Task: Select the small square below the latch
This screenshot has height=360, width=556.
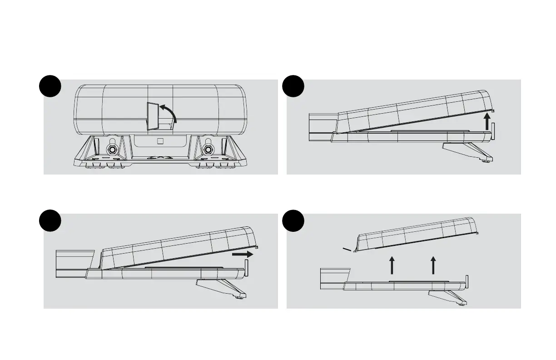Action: [159, 141]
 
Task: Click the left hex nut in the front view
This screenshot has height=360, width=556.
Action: [111, 150]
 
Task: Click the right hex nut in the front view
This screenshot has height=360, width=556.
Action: [208, 150]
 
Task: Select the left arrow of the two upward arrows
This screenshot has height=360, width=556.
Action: [392, 265]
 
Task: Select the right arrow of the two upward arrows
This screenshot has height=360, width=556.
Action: [433, 265]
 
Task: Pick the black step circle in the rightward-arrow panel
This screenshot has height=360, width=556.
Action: [50, 220]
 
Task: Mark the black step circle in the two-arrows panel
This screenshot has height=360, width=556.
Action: [293, 220]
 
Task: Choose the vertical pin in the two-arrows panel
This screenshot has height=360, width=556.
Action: [467, 281]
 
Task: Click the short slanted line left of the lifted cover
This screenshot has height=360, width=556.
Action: [347, 249]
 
